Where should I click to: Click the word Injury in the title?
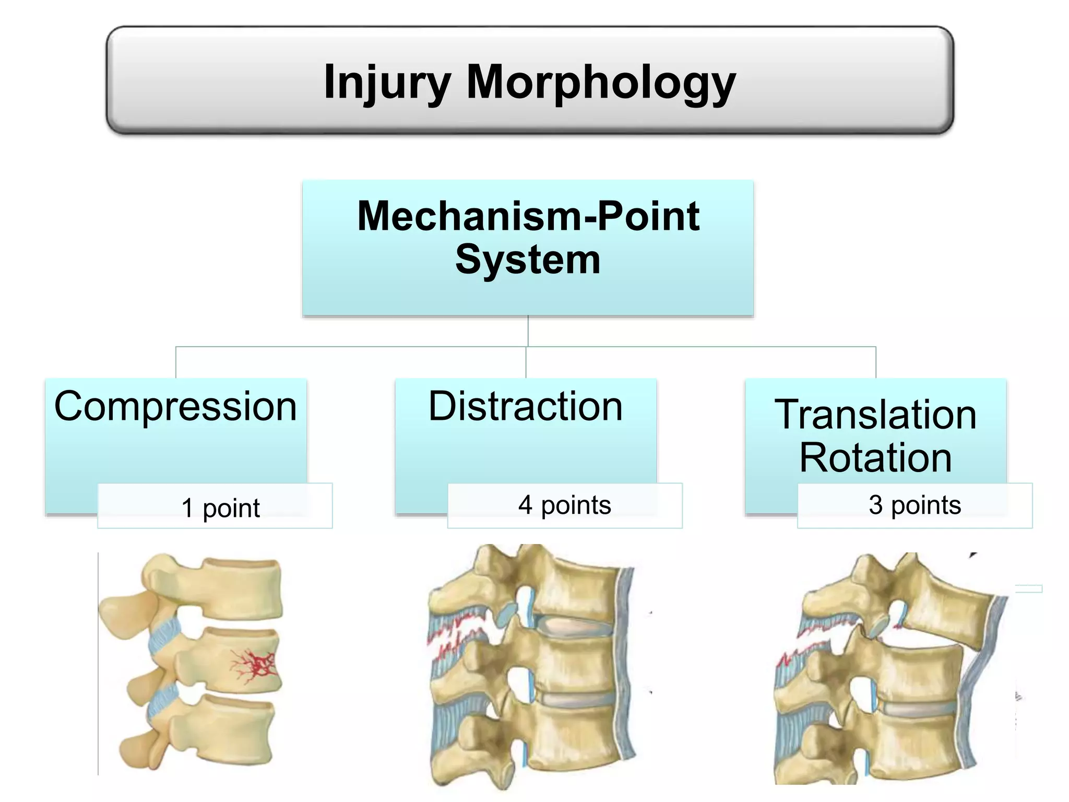click(386, 82)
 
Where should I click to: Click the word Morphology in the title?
click(600, 82)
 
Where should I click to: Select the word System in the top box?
click(528, 260)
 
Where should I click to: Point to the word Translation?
click(875, 415)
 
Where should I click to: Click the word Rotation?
click(875, 457)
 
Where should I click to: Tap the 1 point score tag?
click(220, 508)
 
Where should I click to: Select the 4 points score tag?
click(564, 505)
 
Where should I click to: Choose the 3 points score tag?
click(914, 505)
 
